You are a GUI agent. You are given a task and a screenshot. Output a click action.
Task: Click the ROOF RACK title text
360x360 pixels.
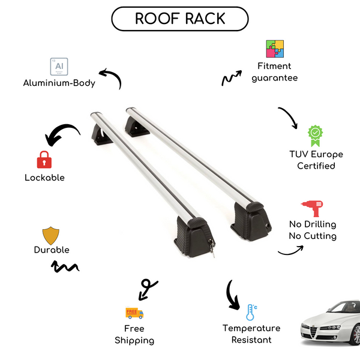pos(180,19)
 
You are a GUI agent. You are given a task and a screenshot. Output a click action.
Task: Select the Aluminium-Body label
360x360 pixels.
pos(59,83)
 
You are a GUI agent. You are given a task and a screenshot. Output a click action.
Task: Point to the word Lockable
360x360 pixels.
pos(44,178)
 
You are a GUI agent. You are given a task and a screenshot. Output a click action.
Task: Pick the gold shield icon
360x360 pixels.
pos(51,235)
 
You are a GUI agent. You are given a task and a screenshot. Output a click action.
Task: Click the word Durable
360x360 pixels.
pos(52,250)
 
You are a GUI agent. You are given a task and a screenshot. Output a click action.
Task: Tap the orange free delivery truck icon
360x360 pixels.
pos(134,313)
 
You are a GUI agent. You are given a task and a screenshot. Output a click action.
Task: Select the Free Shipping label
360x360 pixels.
pos(134,334)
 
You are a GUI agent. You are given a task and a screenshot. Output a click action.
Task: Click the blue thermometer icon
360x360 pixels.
pos(251,312)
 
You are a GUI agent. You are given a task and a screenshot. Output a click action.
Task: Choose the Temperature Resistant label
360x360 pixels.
pos(251,334)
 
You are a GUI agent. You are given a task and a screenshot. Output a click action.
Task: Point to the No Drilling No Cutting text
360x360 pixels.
pos(312,230)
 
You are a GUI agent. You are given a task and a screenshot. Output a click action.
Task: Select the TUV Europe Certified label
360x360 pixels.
pos(316,160)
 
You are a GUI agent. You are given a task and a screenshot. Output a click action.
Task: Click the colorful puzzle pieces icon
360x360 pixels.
pos(275,49)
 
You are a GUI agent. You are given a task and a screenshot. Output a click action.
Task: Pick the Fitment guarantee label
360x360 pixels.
pos(275,72)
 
